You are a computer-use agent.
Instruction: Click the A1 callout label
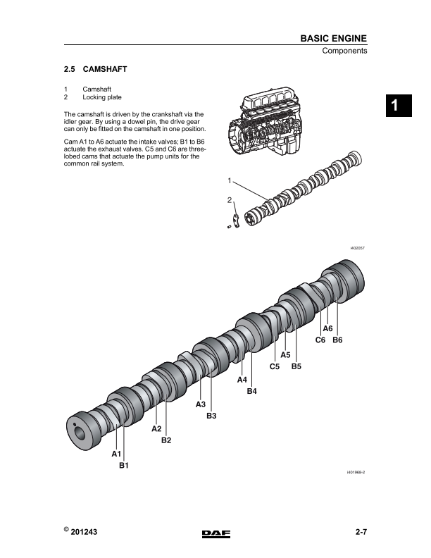point(116,455)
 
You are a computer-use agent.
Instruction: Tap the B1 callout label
point(123,466)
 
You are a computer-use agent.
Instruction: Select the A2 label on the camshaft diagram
point(157,429)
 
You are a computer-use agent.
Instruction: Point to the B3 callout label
point(211,416)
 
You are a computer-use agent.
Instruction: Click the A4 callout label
point(242,380)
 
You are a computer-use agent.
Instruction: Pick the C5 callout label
point(275,366)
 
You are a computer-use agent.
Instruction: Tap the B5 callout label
point(296,366)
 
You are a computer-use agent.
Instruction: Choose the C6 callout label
point(320,340)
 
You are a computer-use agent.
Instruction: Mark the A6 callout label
point(327,329)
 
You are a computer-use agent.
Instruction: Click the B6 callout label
point(337,340)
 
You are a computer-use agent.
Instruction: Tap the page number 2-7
point(361,533)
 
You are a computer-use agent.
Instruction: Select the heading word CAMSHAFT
point(105,70)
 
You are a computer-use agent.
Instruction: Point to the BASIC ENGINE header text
point(333,38)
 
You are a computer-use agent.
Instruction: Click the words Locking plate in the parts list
point(102,97)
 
